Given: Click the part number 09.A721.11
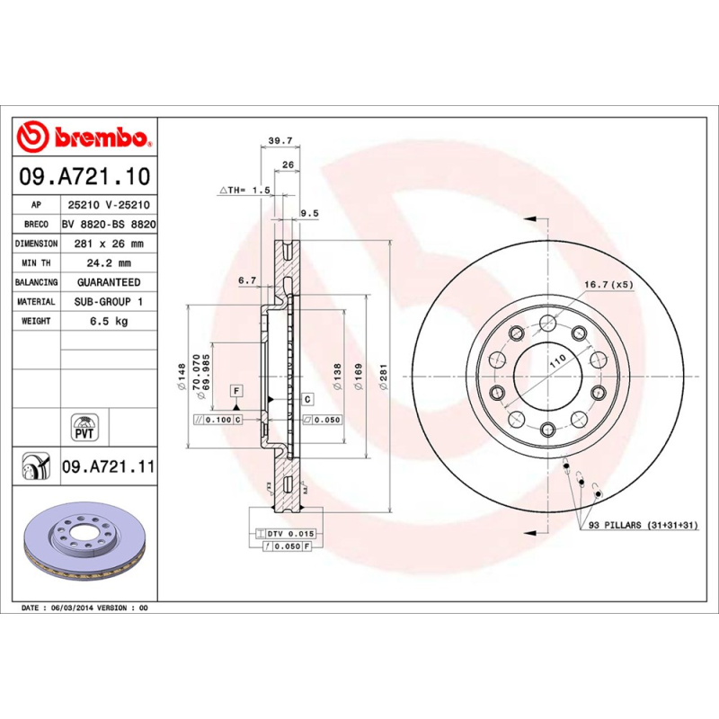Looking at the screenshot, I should [109, 467].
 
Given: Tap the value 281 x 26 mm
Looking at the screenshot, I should [108, 244].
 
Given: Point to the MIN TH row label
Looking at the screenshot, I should [37, 263].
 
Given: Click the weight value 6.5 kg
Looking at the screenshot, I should [108, 321].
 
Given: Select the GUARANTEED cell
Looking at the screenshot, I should [108, 282].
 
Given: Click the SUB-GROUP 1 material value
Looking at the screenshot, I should [108, 302].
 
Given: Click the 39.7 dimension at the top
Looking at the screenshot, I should [281, 140].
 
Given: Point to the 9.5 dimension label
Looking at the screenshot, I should [308, 213].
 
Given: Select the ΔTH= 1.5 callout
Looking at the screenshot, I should [244, 191].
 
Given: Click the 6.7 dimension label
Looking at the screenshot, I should [247, 280].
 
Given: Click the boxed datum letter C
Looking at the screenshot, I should [306, 398].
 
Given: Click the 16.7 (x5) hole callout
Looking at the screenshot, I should [608, 284].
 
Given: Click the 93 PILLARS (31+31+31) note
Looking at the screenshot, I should [643, 525].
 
